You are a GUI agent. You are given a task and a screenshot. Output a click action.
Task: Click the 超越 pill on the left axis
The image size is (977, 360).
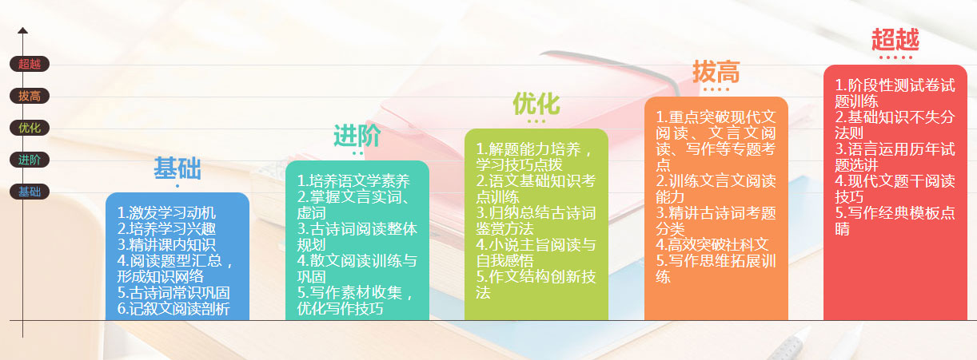(x=30, y=64)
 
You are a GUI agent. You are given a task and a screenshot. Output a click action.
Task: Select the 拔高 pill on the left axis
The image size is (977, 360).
(x=30, y=96)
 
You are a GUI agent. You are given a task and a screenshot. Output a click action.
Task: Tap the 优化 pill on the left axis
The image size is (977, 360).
(x=30, y=128)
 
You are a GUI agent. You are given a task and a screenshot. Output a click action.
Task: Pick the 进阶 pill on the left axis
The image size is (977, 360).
(x=30, y=160)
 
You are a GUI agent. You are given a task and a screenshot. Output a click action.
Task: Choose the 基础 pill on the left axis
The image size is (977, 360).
(x=30, y=192)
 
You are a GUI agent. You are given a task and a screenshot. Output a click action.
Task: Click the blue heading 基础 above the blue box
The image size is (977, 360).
(x=177, y=168)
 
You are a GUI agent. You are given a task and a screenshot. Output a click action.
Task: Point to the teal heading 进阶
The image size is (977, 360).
(x=357, y=136)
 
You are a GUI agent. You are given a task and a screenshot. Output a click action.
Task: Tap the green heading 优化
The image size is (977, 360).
(x=536, y=104)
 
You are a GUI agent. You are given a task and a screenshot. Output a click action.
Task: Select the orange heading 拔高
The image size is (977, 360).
(x=716, y=72)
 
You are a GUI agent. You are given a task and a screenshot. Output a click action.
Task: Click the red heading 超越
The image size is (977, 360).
(x=895, y=39)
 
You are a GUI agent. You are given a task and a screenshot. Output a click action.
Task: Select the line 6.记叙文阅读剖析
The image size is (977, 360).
(x=173, y=309)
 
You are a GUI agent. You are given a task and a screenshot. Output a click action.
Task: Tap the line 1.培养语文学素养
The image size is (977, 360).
(x=353, y=181)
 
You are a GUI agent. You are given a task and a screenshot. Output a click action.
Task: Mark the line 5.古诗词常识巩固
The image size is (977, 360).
(x=173, y=293)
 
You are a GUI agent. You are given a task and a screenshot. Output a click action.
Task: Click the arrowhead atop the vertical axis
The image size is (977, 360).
(x=22, y=30)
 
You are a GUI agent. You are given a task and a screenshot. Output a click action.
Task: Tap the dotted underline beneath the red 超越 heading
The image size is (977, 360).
(x=895, y=57)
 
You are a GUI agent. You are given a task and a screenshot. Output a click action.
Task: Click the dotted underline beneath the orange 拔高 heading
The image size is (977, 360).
(x=716, y=89)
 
